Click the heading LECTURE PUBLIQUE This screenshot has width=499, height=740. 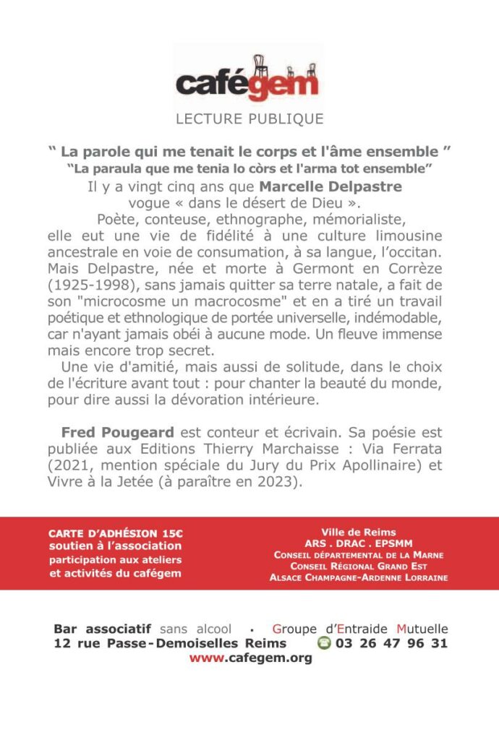tap(249, 119)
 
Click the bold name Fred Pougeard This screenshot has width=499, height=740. tap(117, 432)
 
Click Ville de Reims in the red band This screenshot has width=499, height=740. tap(358, 533)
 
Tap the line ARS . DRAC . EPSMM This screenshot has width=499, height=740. tap(358, 544)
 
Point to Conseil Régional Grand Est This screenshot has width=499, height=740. tap(358, 567)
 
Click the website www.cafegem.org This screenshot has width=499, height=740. tap(250, 658)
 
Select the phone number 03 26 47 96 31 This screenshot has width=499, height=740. tap(391, 643)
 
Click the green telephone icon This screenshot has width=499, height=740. tap(324, 643)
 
